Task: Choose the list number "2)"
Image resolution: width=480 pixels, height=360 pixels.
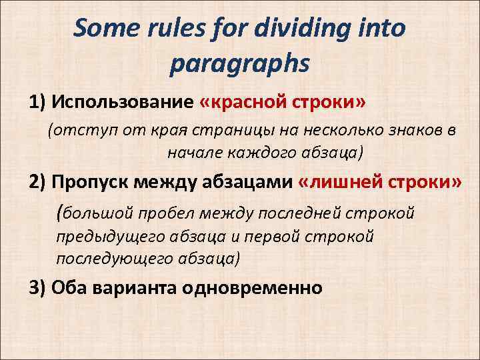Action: pos(38,183)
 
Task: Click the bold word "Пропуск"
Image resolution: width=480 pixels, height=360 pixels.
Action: pos(93,183)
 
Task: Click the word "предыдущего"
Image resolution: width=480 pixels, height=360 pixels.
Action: pos(103,237)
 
